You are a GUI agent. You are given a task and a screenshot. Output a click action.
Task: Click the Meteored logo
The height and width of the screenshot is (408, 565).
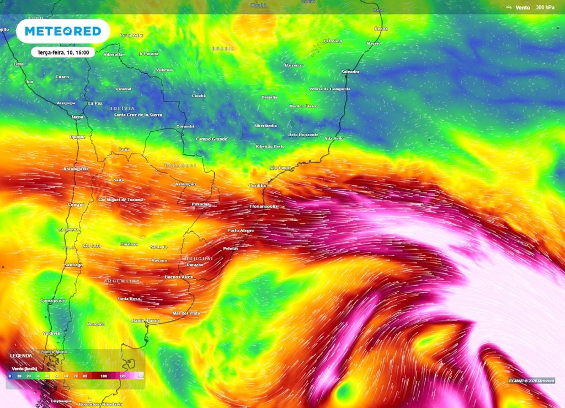point(63,31)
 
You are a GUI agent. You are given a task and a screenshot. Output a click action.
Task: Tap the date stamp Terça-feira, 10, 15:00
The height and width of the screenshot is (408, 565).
point(63,52)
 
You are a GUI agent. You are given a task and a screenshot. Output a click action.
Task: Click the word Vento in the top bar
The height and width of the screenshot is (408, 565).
point(523,7)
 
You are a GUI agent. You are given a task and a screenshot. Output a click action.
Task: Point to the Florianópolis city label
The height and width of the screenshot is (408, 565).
point(264,206)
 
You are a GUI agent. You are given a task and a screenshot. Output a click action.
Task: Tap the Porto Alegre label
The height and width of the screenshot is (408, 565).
point(241,230)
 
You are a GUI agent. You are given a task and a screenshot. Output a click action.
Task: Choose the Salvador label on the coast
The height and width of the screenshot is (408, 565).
point(350,72)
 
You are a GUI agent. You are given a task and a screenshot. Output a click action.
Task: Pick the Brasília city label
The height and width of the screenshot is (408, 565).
point(269,97)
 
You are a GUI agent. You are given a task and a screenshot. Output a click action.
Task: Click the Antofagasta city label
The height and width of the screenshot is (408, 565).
point(76,169)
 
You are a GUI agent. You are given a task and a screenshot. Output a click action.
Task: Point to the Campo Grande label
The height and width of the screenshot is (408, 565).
point(212,139)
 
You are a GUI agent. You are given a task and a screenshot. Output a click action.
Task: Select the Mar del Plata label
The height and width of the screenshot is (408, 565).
point(186,313)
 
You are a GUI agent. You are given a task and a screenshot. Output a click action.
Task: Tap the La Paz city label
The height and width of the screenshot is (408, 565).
point(95,103)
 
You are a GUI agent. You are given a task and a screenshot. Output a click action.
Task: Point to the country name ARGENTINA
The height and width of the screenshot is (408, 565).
point(121,281)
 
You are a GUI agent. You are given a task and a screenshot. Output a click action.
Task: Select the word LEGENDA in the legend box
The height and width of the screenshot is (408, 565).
point(21,356)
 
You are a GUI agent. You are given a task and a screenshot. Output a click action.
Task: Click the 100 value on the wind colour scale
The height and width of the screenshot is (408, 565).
point(103,375)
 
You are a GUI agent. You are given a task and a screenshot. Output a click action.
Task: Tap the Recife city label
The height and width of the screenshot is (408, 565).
point(381,29)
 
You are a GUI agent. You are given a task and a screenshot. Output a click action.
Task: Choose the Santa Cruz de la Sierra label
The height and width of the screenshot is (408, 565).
point(138,115)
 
